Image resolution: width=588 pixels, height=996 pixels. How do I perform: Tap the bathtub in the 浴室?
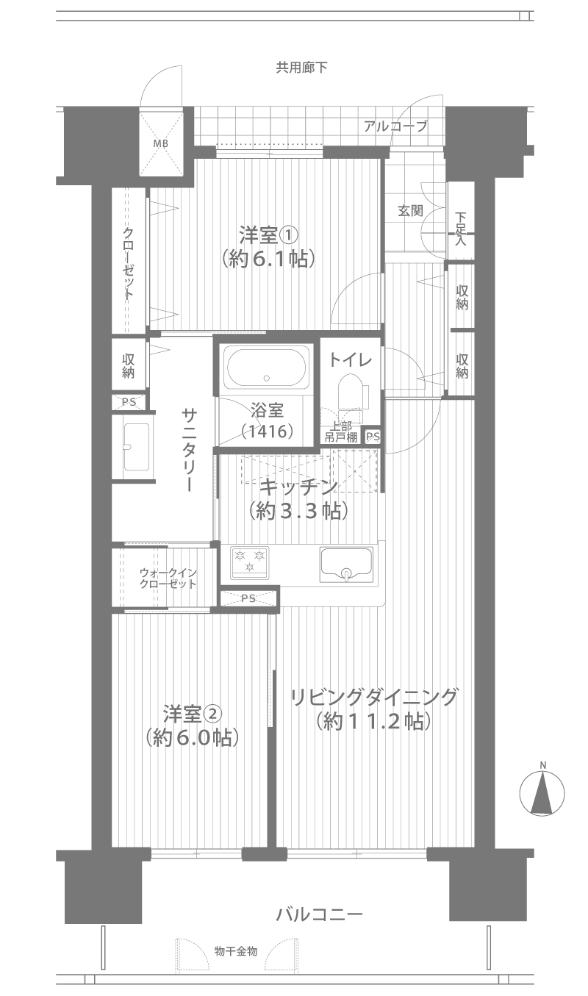pyautogui.click(x=266, y=368)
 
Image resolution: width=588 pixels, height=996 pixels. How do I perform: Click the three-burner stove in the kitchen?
pyautogui.click(x=249, y=562)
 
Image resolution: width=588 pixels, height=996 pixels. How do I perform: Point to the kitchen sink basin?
pyautogui.click(x=346, y=565)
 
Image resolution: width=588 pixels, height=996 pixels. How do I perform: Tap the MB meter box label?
pyautogui.click(x=161, y=143)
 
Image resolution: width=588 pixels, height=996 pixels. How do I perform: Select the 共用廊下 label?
pyautogui.click(x=302, y=67)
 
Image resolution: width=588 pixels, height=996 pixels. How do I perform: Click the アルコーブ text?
pyautogui.click(x=395, y=126)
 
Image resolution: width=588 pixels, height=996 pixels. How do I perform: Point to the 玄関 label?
pyautogui.click(x=410, y=211)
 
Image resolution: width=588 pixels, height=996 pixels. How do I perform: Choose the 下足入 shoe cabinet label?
pyautogui.click(x=460, y=229)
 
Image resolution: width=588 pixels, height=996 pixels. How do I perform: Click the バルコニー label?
pyautogui.click(x=320, y=914)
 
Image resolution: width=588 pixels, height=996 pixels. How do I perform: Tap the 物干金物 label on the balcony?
pyautogui.click(x=235, y=952)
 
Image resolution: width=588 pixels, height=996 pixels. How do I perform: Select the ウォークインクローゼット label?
pyautogui.click(x=168, y=578)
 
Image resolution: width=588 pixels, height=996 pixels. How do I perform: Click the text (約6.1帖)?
pyautogui.click(x=269, y=258)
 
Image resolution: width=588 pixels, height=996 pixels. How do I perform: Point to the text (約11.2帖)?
pyautogui.click(x=373, y=721)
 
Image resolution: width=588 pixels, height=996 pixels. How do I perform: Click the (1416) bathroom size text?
pyautogui.click(x=268, y=431)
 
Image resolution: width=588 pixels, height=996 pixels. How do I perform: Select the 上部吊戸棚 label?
pyautogui.click(x=340, y=431)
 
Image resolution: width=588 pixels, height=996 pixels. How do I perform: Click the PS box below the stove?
pyautogui.click(x=248, y=598)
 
